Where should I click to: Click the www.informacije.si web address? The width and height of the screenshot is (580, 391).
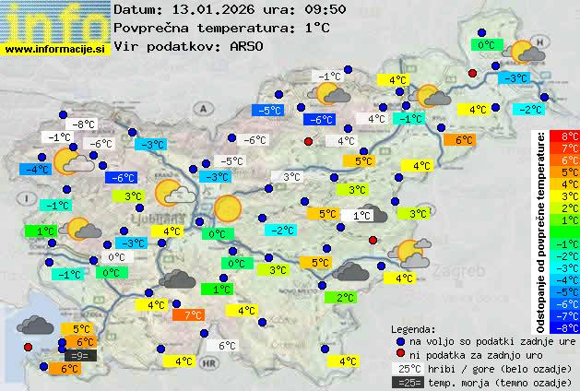[55, 50]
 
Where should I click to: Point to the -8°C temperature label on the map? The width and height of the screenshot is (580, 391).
[84, 124]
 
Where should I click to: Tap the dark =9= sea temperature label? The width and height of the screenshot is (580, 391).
[78, 355]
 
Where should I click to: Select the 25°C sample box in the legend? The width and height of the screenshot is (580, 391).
[407, 369]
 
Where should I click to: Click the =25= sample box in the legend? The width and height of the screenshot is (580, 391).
[407, 382]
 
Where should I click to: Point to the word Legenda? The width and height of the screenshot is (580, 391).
[413, 328]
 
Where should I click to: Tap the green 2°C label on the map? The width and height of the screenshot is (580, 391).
[345, 298]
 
